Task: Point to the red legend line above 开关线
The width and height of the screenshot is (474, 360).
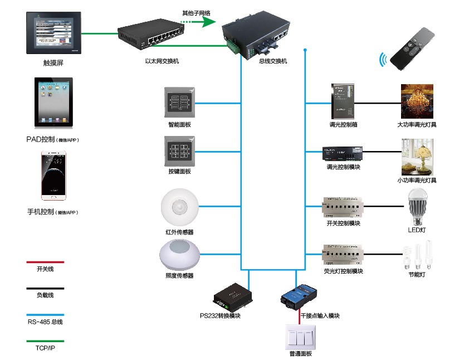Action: [x=45, y=261]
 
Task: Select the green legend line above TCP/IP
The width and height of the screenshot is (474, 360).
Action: [x=45, y=341]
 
